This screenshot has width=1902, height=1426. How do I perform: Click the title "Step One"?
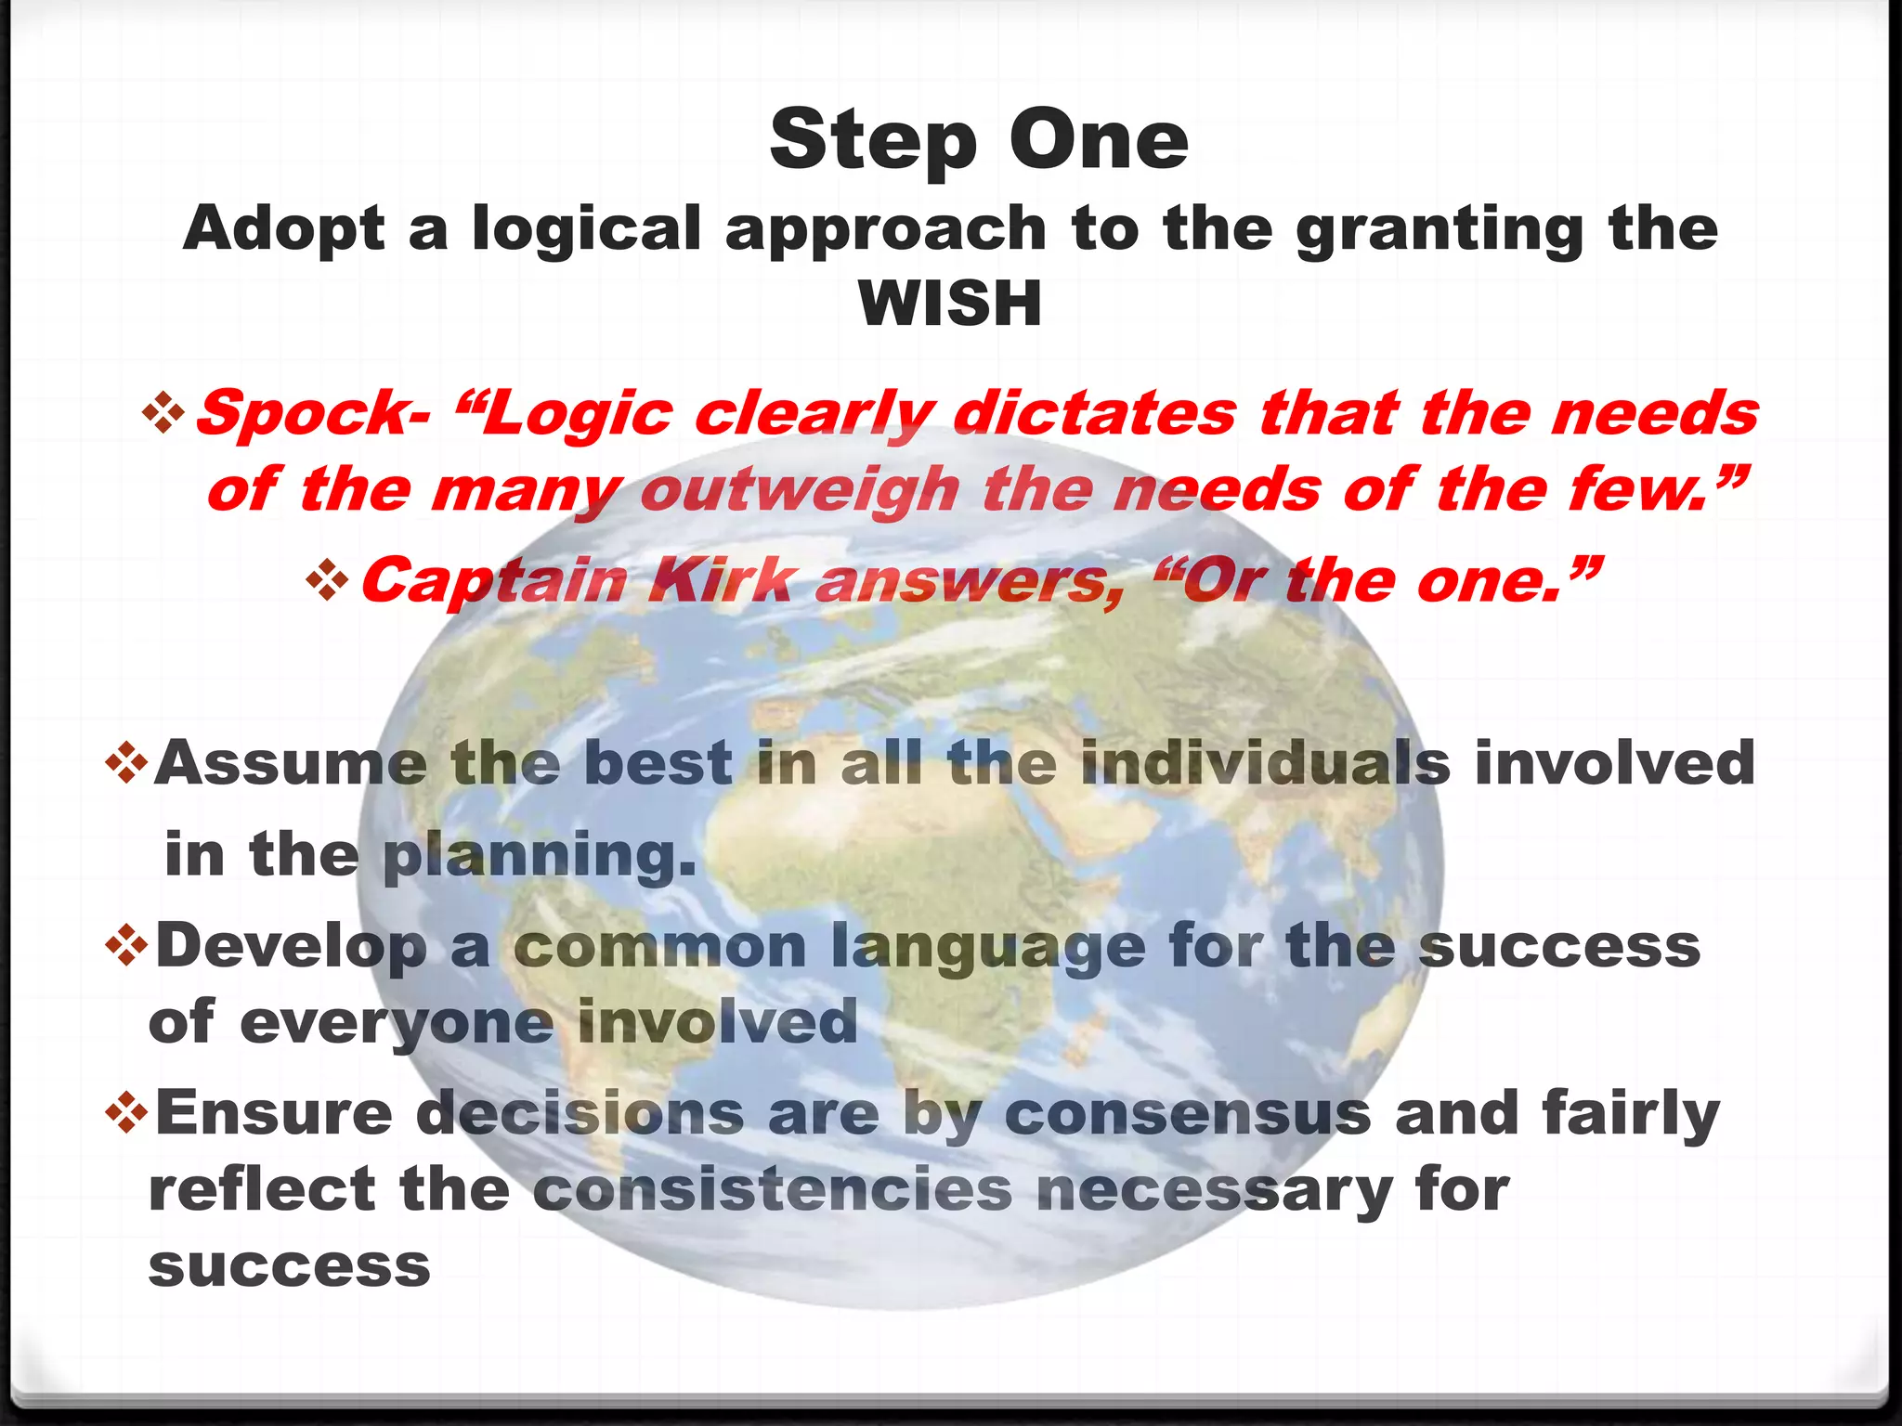pos(979,140)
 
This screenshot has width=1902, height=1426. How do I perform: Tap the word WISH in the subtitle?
pos(950,304)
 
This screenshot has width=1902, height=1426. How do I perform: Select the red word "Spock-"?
pos(313,413)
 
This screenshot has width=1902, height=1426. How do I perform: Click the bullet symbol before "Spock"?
pos(164,411)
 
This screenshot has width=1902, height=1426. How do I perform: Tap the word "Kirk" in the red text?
pos(721,581)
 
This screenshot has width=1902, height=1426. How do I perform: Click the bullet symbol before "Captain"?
pos(327,580)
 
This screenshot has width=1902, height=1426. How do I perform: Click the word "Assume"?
pos(291,763)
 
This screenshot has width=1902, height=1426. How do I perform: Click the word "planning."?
pos(539,856)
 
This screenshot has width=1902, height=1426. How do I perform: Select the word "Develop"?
pos(291,947)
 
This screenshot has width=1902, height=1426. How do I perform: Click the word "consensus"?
pos(1187,1113)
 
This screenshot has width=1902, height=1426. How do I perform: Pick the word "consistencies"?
pos(772,1189)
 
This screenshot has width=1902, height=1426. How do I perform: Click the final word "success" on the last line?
pos(289,1265)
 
